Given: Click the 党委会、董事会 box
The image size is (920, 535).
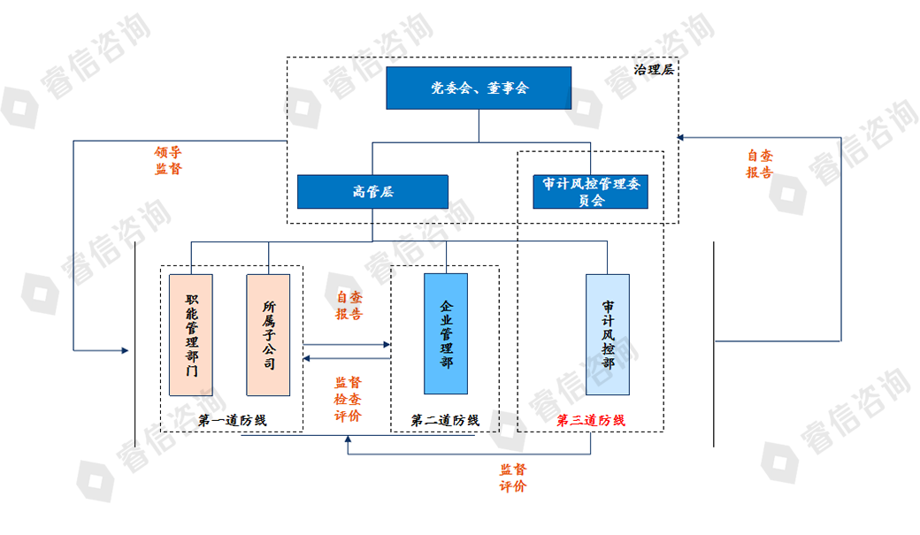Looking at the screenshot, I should click(x=479, y=88).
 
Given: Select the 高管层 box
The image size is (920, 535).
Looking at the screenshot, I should click(x=372, y=192).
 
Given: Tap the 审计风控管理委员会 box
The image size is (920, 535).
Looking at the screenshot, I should click(x=592, y=192).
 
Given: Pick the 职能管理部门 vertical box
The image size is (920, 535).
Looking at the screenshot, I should click(x=191, y=334).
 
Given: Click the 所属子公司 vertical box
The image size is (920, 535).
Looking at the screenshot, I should click(x=268, y=334).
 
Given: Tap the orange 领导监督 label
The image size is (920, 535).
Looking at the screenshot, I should click(x=168, y=160).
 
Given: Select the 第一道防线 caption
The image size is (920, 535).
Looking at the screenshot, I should click(x=232, y=421).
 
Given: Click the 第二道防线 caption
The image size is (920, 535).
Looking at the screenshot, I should click(x=445, y=421).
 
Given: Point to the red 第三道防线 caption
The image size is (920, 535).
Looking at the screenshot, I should click(x=590, y=421).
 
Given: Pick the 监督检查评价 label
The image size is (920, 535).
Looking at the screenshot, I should click(x=348, y=399).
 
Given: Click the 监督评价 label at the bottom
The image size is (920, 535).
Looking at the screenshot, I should click(x=512, y=478).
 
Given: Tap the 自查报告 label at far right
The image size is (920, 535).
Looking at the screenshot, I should click(x=759, y=164).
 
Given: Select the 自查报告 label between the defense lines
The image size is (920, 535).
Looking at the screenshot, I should click(x=349, y=305).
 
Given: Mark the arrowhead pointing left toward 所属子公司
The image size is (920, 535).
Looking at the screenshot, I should click(x=307, y=358).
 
